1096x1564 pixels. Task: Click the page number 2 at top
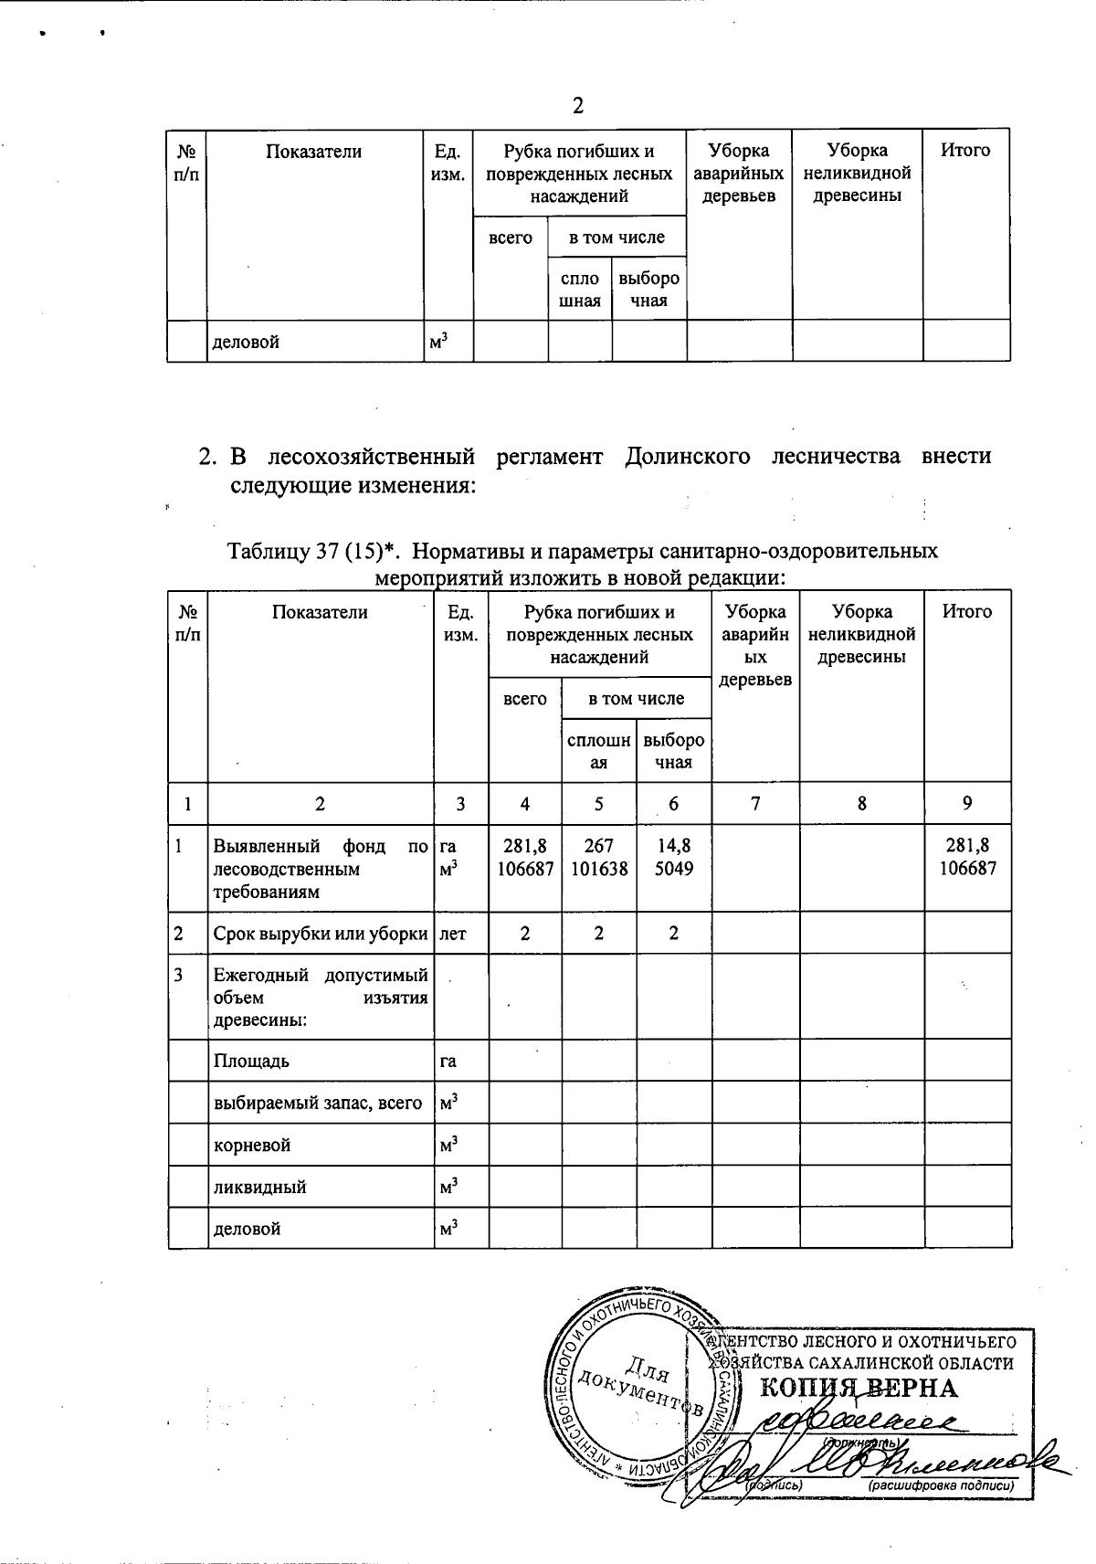tap(577, 106)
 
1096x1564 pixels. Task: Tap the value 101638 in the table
tap(598, 869)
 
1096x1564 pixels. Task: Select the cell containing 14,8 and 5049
tap(673, 858)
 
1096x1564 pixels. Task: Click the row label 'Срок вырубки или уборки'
tap(321, 934)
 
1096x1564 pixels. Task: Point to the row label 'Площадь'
tap(251, 1061)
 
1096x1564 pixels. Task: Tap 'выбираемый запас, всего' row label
tap(318, 1103)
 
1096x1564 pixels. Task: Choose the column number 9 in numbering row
tap(966, 804)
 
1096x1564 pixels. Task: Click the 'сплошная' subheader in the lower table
tap(598, 751)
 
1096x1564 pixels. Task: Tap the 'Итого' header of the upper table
tap(965, 151)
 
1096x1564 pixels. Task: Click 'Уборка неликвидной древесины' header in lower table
tap(861, 634)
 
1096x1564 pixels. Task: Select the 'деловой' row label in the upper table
tap(246, 342)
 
